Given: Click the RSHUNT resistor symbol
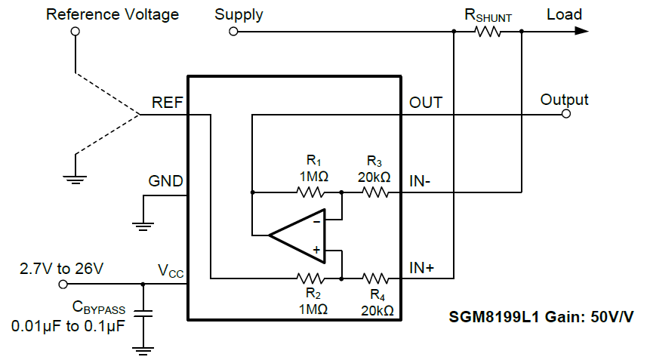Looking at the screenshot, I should (488, 32).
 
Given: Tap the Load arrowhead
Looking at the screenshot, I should (580, 32).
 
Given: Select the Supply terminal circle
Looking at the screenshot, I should (233, 32).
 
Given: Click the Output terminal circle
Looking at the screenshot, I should (565, 115).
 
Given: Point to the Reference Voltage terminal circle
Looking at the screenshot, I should (75, 32).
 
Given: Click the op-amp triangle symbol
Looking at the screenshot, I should (297, 235).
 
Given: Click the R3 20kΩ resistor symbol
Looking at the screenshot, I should (375, 192).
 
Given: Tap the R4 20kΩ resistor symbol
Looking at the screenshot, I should (375, 278).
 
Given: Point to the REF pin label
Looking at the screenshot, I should (167, 103).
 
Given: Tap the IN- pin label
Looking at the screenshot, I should (421, 181).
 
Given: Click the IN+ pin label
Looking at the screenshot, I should (422, 267).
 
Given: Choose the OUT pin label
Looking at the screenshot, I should (426, 103).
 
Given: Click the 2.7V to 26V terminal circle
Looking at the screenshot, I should (63, 284).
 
